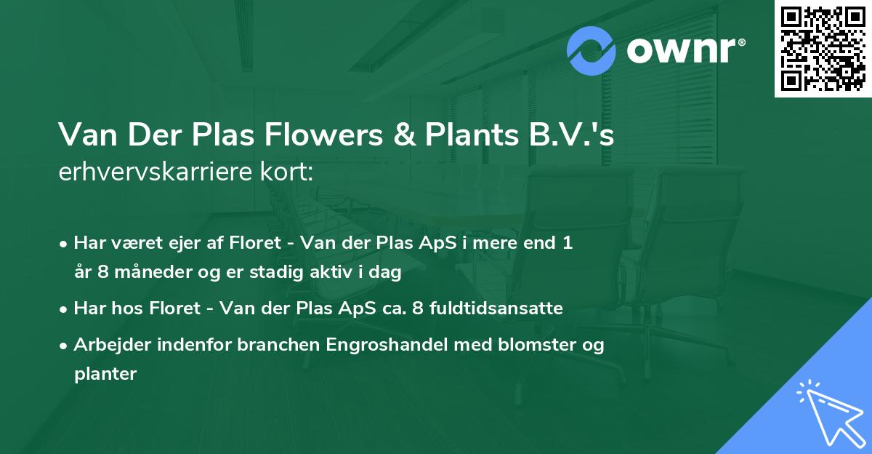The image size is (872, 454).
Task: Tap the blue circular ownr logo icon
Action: tap(592, 51)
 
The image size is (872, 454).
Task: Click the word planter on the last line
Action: tap(105, 374)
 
